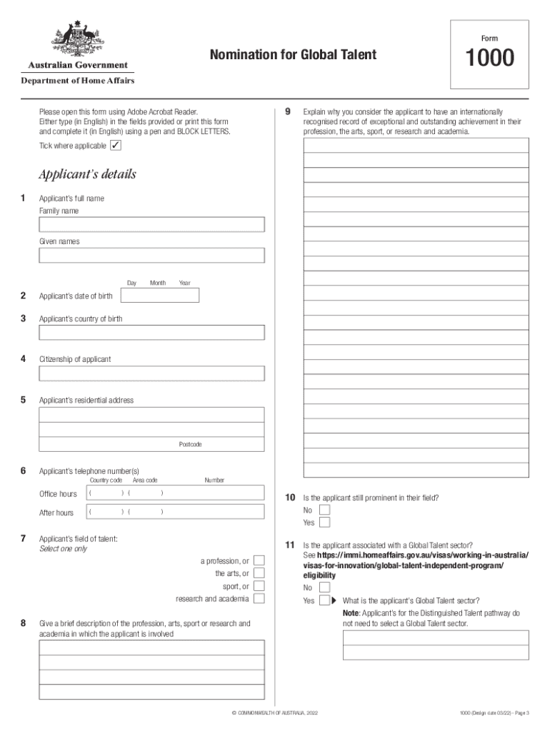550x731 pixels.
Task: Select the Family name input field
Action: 151,225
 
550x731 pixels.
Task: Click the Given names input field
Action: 151,255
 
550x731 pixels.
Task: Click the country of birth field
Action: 151,333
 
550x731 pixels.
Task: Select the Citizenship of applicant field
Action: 151,373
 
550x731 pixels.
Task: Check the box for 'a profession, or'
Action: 259,561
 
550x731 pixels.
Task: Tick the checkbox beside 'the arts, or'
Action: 259,573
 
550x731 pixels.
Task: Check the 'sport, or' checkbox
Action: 259,586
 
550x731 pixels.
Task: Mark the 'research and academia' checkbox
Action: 259,598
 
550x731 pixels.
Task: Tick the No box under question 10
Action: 325,510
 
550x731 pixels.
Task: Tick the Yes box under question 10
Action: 325,522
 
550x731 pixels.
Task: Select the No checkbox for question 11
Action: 325,588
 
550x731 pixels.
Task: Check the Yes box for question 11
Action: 325,600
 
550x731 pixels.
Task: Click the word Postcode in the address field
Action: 190,445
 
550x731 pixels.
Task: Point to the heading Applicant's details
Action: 87,174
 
